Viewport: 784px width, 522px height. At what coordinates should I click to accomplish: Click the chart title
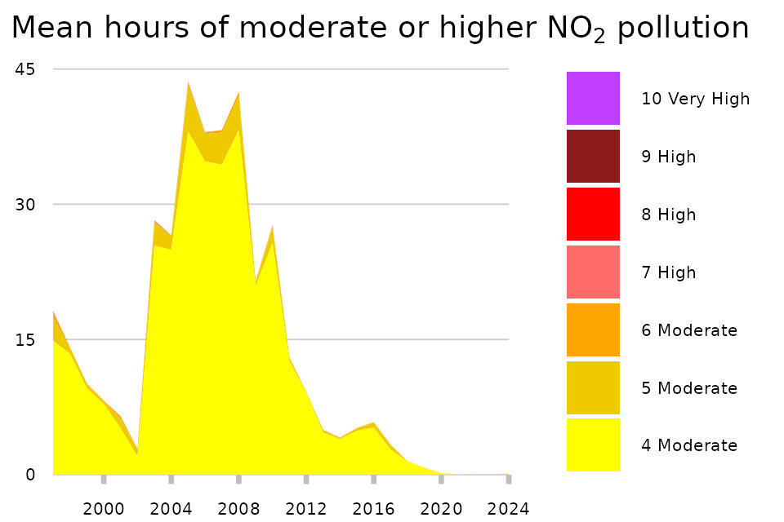point(380,29)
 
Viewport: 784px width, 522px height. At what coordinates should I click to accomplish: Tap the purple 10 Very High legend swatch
point(593,99)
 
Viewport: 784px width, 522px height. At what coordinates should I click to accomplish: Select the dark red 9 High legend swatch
point(593,157)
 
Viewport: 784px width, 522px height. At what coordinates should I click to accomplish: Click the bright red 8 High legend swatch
point(593,215)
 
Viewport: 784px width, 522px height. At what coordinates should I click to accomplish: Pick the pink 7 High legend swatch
point(593,272)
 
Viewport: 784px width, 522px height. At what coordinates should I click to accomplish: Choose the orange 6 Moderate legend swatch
point(593,330)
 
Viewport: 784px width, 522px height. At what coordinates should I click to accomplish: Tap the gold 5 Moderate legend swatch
point(593,388)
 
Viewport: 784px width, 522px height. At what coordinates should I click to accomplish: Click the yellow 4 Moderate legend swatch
point(593,445)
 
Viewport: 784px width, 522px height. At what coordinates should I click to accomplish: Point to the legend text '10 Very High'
point(695,99)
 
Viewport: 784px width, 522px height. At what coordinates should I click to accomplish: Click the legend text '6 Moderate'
point(689,330)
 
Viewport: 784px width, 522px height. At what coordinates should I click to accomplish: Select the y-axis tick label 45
point(25,69)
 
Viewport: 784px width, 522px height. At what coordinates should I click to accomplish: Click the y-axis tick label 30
point(25,204)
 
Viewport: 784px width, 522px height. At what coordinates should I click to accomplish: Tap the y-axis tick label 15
point(25,339)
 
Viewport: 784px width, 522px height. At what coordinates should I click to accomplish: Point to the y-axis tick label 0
point(30,474)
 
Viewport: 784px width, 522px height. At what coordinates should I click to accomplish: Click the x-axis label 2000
point(104,509)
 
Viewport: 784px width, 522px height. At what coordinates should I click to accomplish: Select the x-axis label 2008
point(238,509)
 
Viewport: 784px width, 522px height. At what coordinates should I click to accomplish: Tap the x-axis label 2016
point(373,509)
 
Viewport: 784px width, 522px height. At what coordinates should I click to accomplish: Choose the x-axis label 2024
point(508,509)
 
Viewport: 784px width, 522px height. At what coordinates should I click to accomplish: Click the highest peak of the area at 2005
point(189,82)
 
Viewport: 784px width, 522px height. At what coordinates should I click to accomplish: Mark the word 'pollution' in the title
point(683,29)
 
